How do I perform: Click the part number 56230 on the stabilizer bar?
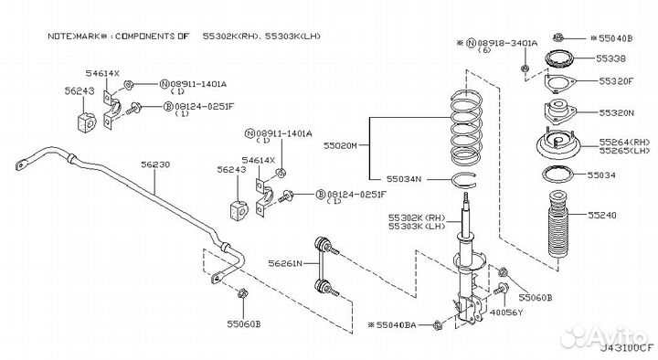(x=155, y=164)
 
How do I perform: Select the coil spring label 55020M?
(x=340, y=145)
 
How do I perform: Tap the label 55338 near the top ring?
(x=610, y=58)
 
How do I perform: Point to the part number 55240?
(x=601, y=216)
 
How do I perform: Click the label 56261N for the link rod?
(x=285, y=263)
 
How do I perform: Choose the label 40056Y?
(x=506, y=312)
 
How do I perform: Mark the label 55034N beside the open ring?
(x=404, y=179)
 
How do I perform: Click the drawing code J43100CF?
(x=627, y=348)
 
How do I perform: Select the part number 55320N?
(x=617, y=113)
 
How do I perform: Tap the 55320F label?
(x=616, y=81)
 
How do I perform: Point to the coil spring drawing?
(x=466, y=128)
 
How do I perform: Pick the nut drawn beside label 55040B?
(x=558, y=37)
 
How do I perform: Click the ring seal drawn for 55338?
(x=559, y=58)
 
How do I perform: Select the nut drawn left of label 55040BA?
(x=438, y=324)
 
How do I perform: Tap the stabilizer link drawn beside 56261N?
(x=325, y=267)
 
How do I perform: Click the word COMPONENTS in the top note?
(x=144, y=37)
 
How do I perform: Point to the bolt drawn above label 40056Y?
(x=501, y=289)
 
